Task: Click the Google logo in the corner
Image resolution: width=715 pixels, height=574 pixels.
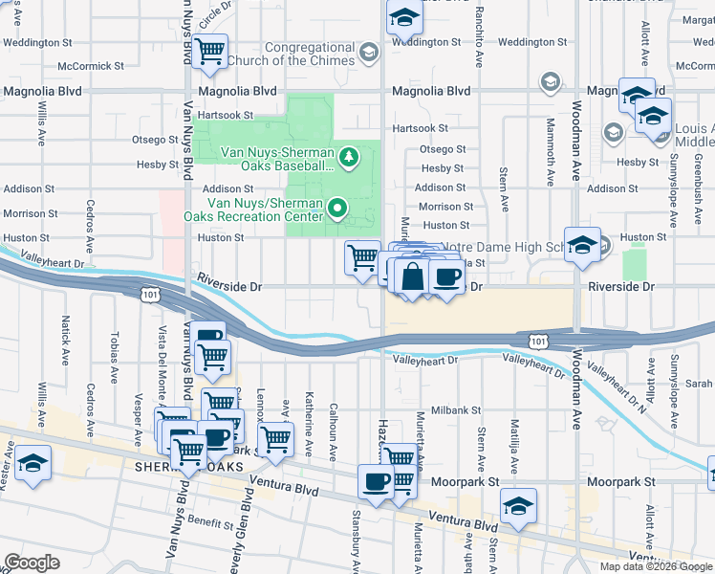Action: (32, 563)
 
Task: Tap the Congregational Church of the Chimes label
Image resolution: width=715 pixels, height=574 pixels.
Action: (310, 55)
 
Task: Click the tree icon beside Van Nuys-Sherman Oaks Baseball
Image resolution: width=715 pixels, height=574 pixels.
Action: (349, 155)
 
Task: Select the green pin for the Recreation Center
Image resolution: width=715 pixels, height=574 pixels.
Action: (336, 207)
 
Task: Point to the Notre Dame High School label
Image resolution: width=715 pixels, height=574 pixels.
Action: (496, 247)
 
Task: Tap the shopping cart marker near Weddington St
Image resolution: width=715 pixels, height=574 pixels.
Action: (209, 53)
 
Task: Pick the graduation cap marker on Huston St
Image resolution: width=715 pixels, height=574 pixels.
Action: (581, 247)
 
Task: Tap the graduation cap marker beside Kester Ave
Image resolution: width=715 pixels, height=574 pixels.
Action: (32, 466)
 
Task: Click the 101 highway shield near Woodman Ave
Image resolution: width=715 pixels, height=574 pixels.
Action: (538, 340)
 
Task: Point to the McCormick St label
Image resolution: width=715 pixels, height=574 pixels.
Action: (91, 66)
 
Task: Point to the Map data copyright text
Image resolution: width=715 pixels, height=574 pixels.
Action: (656, 566)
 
